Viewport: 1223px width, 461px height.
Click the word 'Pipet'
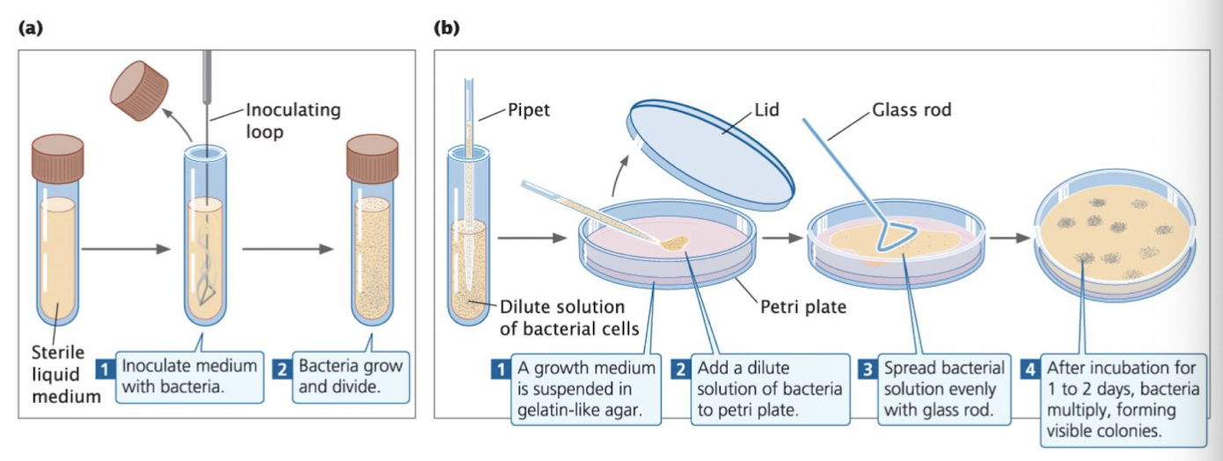pyautogui.click(x=531, y=112)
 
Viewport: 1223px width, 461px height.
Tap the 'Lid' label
pyautogui.click(x=766, y=111)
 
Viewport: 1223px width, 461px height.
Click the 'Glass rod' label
pyautogui.click(x=912, y=111)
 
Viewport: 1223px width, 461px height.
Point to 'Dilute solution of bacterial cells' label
pyautogui.click(x=562, y=318)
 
